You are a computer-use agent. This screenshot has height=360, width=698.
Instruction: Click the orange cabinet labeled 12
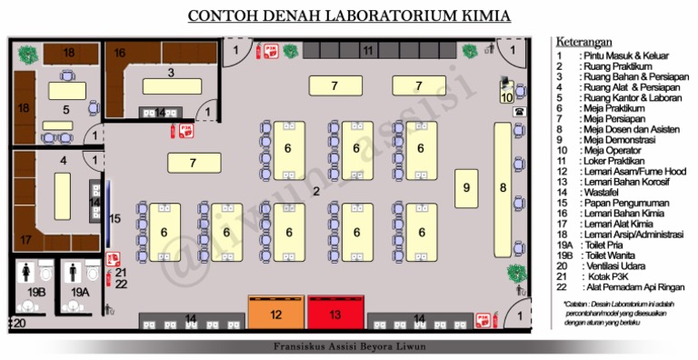[x=275, y=314]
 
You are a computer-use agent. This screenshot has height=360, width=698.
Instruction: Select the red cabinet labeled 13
[x=334, y=314]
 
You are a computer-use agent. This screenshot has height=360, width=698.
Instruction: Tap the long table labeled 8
[x=503, y=187]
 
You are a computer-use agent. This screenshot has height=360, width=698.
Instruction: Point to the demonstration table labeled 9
[x=466, y=187]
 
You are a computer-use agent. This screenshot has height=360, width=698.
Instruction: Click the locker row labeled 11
[x=367, y=51]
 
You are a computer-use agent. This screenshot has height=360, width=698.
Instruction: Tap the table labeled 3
[x=170, y=85]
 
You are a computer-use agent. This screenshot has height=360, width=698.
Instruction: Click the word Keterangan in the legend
[x=583, y=42]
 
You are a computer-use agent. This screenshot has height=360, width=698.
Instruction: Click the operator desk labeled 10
[x=506, y=92]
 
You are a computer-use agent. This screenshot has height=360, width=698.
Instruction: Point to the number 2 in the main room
[x=316, y=191]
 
